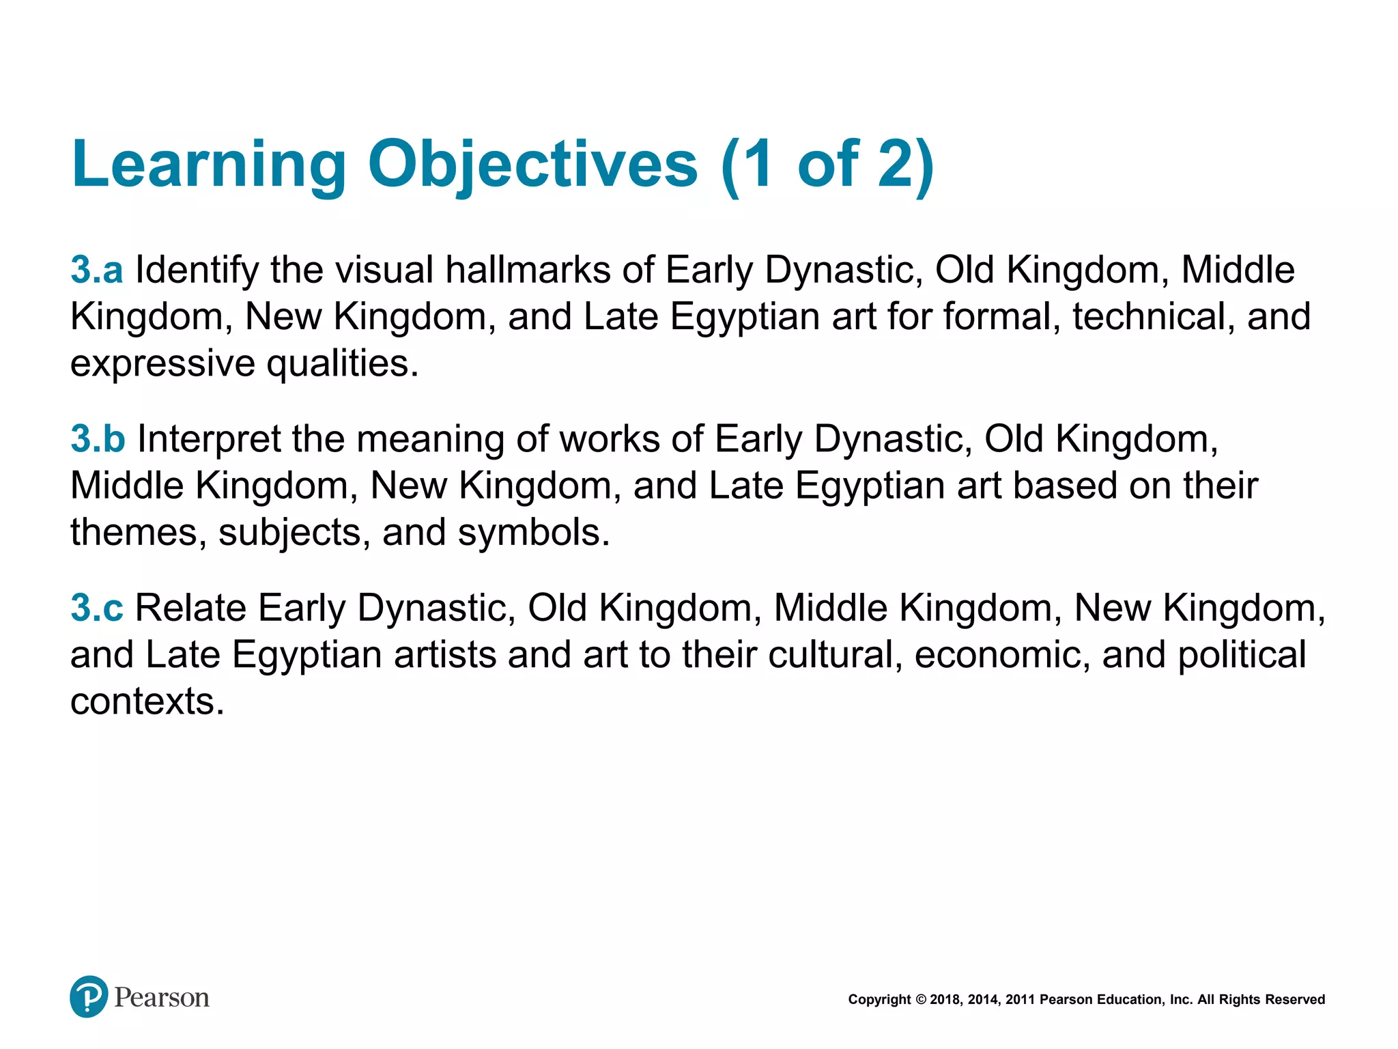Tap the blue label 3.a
click(x=97, y=270)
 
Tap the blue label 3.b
click(x=98, y=438)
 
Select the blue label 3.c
click(x=97, y=608)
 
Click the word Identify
click(x=197, y=270)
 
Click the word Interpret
click(x=209, y=439)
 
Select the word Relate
click(x=190, y=608)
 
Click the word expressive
click(x=162, y=363)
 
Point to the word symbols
click(x=533, y=532)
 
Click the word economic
click(x=1001, y=655)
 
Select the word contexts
click(x=147, y=701)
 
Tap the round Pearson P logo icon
click(x=89, y=996)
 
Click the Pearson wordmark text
click(x=162, y=998)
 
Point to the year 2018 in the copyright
click(x=945, y=1000)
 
